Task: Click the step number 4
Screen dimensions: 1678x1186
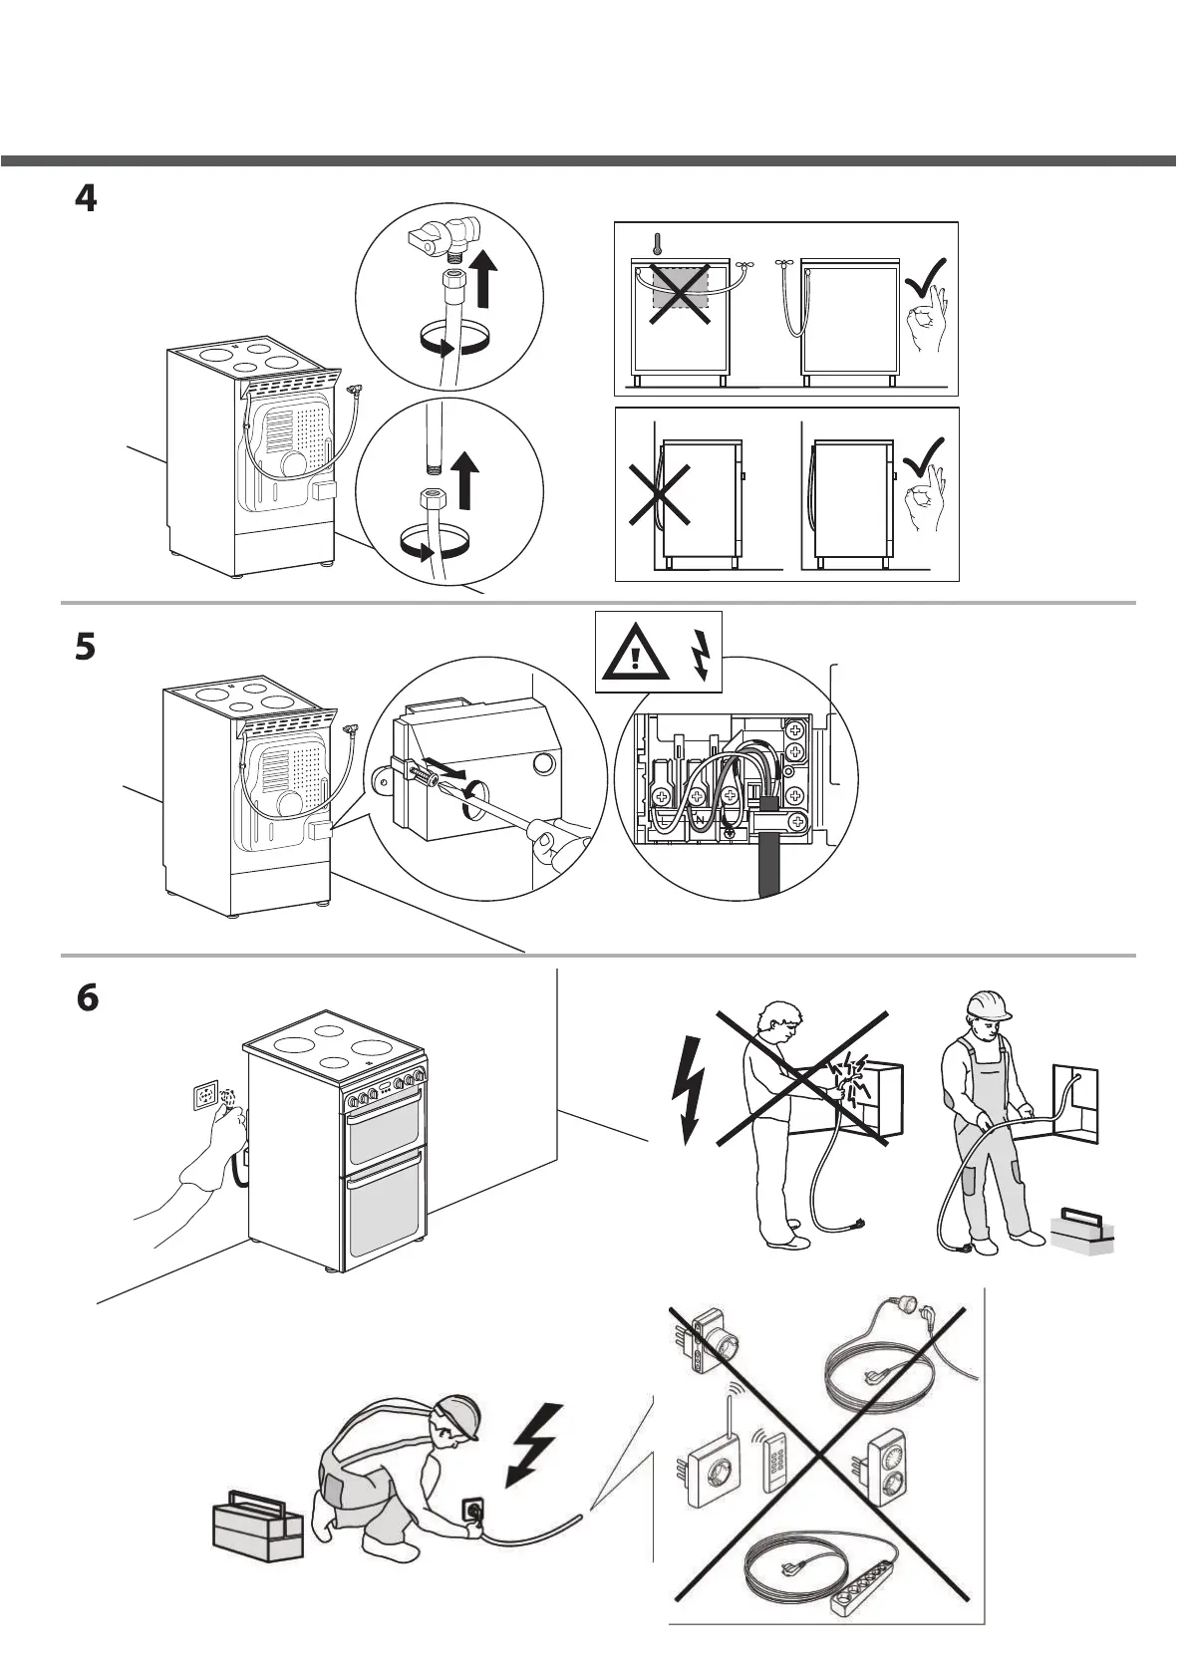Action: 87,198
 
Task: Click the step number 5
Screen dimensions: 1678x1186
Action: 87,647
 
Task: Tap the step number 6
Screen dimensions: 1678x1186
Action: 88,997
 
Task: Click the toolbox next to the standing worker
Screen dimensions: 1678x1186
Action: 1083,1233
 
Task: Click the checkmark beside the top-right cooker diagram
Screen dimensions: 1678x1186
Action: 925,276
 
